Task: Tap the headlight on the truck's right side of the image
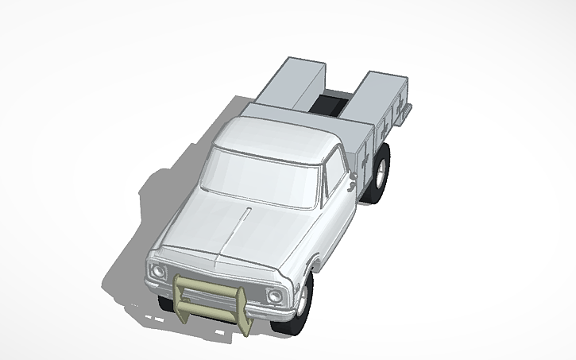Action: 274,296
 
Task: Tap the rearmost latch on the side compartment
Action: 401,106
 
